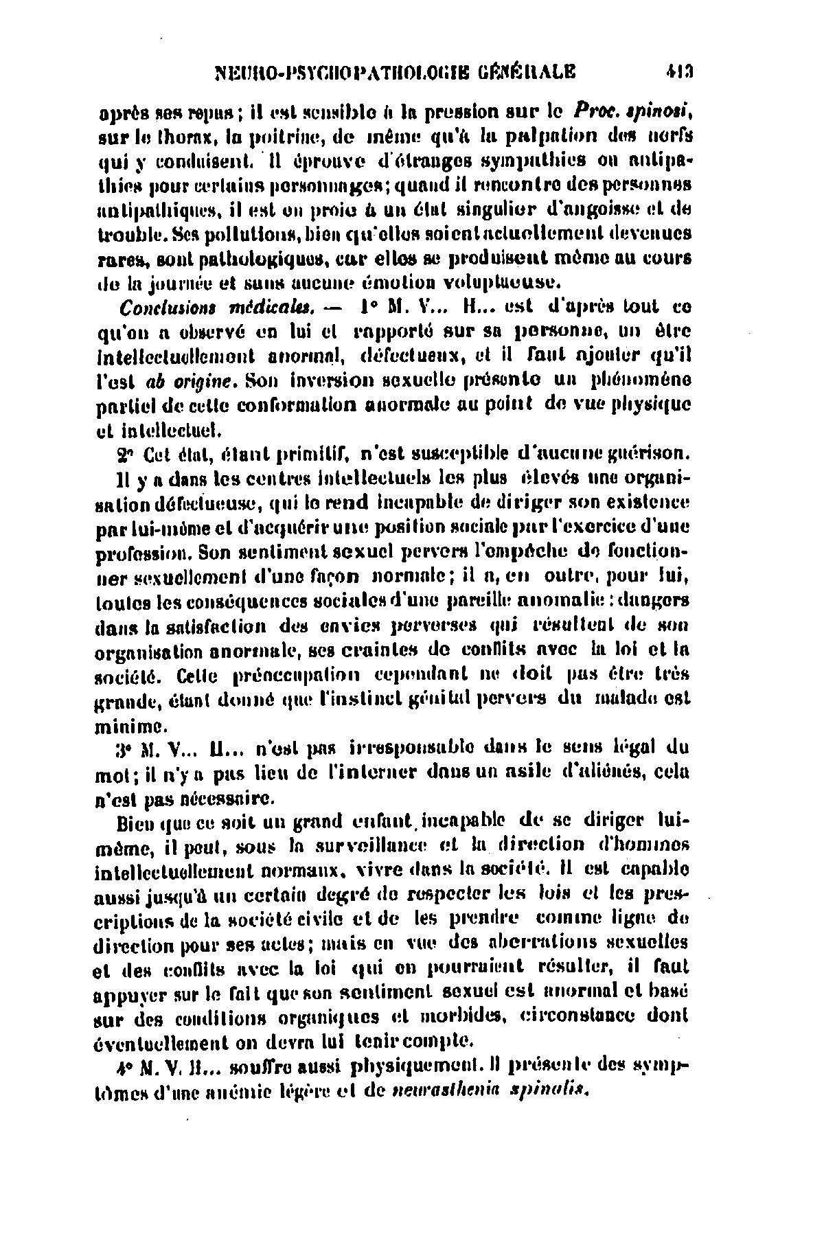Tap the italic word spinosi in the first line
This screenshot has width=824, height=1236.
click(660, 109)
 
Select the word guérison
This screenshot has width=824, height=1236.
click(652, 454)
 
